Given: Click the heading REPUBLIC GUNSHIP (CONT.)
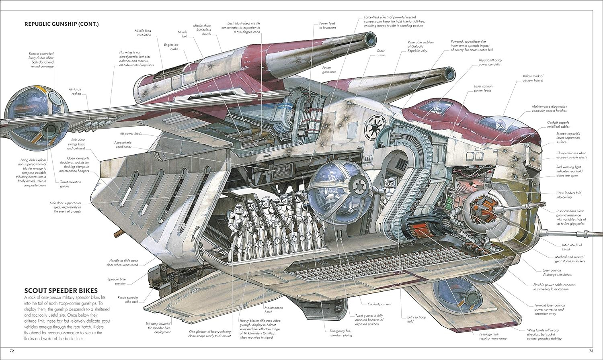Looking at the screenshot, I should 62,24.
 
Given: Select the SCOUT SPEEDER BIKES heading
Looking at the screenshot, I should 61,290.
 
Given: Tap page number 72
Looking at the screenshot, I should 12,352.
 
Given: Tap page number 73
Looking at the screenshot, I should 591,352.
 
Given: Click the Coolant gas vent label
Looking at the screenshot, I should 379,304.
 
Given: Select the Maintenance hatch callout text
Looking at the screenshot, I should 273,309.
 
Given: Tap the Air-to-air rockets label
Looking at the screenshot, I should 75,92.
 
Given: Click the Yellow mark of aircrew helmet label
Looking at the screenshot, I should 533,78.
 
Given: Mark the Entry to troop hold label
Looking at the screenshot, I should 416,319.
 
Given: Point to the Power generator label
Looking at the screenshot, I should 329,70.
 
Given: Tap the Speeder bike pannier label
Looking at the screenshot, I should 117,281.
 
